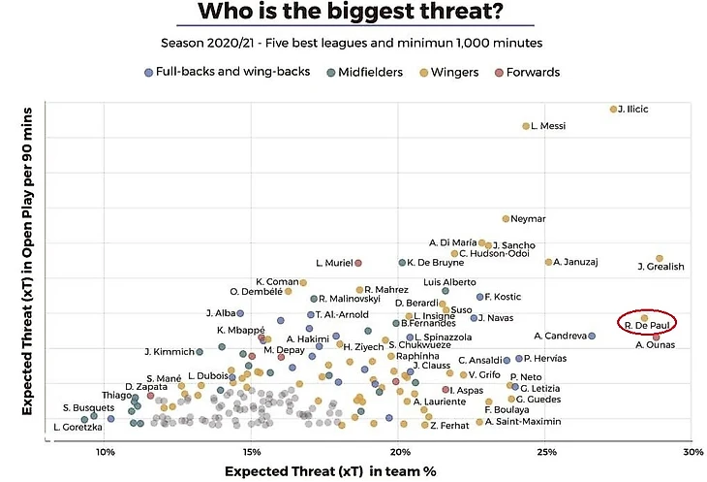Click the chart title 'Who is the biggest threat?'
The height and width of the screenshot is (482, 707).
pos(353,13)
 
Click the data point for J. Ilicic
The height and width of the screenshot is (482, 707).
pos(613,109)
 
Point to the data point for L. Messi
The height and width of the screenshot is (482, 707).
pos(526,126)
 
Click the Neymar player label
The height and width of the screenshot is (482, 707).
pos(529,218)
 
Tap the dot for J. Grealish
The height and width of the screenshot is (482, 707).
pos(660,258)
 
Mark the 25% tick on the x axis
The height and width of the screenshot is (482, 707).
pos(546,453)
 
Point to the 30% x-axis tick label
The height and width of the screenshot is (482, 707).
pos(692,453)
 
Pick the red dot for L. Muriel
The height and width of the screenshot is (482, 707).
pos(358,263)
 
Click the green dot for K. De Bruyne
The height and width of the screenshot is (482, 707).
pos(402,263)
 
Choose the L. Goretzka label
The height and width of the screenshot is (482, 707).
pos(77,427)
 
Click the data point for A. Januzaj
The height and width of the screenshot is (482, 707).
pos(548,262)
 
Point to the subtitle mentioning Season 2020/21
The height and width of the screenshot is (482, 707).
pos(353,43)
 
